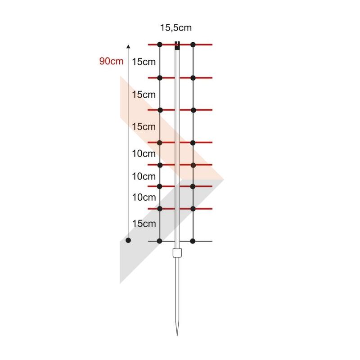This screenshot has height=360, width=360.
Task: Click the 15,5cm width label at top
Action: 175,28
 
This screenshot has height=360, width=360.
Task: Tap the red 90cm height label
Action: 111,61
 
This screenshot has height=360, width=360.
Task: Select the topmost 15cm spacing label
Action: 144,62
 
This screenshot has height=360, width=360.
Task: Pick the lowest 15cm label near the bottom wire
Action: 144,224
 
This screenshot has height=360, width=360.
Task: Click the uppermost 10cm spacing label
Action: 144,153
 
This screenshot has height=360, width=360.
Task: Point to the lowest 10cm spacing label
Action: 144,198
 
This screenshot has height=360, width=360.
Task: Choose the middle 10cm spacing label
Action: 144,176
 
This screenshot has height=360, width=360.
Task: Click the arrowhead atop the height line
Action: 128,47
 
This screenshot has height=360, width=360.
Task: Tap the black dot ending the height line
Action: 128,240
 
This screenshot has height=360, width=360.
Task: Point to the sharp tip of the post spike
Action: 177,335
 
